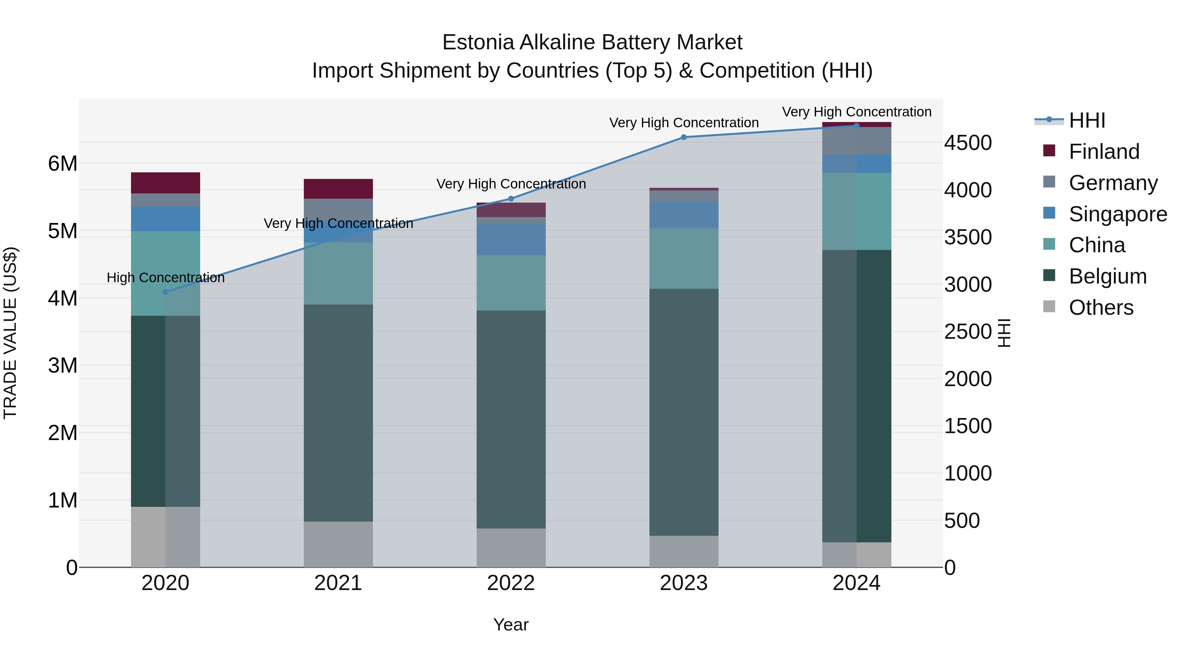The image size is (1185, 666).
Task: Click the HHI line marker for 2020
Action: (x=166, y=292)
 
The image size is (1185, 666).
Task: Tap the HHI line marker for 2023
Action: (x=684, y=137)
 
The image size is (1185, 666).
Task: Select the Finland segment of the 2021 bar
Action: (x=338, y=189)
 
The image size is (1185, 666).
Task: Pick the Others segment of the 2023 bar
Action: (x=684, y=551)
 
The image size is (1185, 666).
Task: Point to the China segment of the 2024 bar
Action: (x=856, y=211)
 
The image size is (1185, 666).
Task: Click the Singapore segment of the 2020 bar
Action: (x=166, y=219)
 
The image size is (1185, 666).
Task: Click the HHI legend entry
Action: (x=1087, y=120)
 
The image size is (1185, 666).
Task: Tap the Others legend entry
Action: (x=1100, y=308)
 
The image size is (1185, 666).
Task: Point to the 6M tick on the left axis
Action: (x=63, y=164)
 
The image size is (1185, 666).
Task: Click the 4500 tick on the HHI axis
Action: (x=968, y=143)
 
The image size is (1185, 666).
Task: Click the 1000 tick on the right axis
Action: (x=968, y=473)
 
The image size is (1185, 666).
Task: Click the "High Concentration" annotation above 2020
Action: (x=166, y=278)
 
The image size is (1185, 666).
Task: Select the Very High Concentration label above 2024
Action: (x=856, y=112)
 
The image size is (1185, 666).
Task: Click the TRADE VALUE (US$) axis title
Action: (x=10, y=333)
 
